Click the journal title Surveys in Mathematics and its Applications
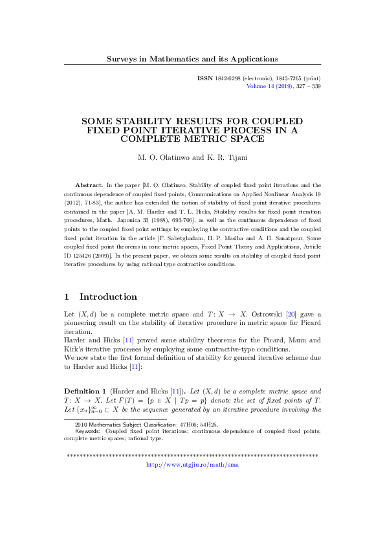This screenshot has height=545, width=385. point(192,59)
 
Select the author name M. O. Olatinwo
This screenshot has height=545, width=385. point(164,157)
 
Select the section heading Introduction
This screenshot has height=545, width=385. point(108,297)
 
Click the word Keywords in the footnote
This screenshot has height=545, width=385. point(87,430)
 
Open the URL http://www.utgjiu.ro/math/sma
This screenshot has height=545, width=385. point(192,465)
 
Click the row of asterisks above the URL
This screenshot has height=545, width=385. point(192,456)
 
